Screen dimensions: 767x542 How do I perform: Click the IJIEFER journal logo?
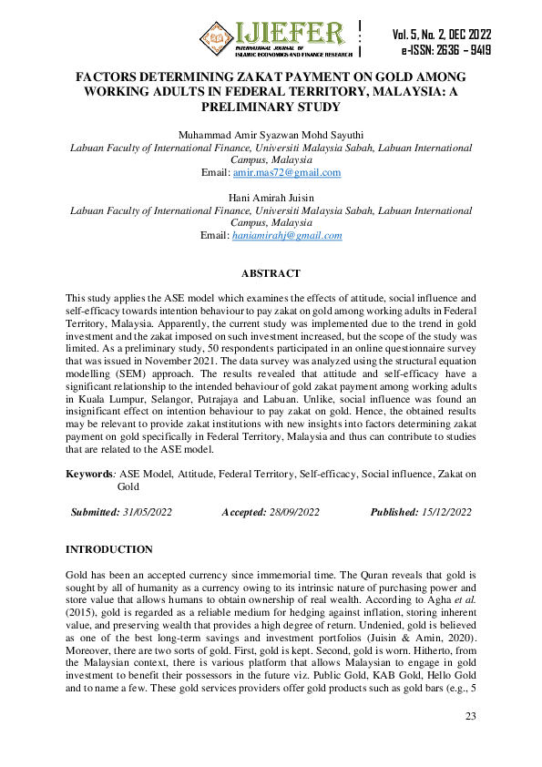coord(272,37)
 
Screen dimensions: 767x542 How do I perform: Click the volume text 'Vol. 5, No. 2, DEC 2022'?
coord(442,35)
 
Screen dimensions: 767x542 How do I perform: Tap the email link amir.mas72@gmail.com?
coord(287,172)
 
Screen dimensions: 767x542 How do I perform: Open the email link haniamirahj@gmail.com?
coord(287,235)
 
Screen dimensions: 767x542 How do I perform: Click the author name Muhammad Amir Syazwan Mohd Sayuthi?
coord(271,133)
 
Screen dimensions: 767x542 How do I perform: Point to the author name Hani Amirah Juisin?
coord(271,196)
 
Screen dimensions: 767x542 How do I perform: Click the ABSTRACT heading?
coord(271,273)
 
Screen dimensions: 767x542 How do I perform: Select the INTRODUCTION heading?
coord(109,549)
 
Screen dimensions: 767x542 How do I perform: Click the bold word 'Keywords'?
coord(89,474)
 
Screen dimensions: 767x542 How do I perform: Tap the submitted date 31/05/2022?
coord(148,512)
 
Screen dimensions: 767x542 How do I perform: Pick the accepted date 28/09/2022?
coord(295,512)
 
